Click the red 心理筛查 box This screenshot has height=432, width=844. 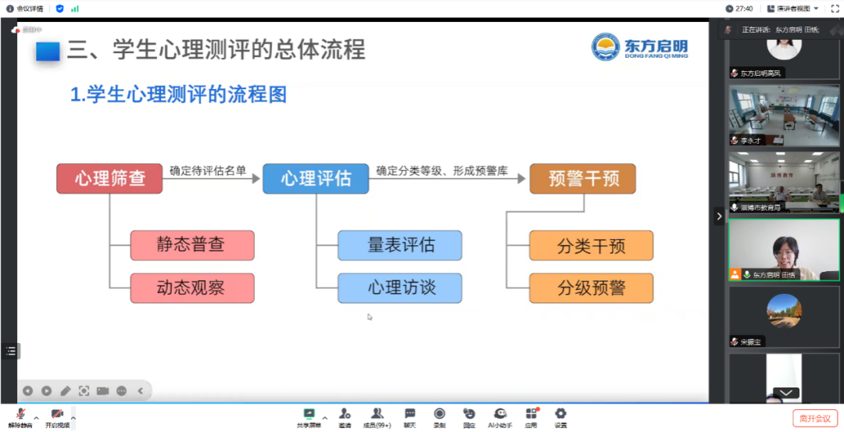109,179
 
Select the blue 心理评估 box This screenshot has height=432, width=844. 316,179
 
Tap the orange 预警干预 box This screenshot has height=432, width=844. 583,179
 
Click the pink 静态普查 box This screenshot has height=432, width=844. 192,245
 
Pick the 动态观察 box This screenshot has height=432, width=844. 192,288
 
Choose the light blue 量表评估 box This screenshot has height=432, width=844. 399,245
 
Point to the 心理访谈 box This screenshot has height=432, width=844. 399,288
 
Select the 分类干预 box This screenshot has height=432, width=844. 591,246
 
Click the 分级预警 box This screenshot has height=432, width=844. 591,288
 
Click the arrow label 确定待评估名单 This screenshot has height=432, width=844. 207,170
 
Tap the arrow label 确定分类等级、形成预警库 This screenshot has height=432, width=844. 442,170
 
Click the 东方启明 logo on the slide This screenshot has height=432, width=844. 640,47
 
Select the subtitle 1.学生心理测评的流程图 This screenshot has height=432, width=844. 178,95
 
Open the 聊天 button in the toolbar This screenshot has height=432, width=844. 409,417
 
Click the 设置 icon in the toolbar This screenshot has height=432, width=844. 560,417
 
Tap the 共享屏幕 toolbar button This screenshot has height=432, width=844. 309,417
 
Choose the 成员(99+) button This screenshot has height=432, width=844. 377,417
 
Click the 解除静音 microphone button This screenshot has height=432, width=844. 20,417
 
